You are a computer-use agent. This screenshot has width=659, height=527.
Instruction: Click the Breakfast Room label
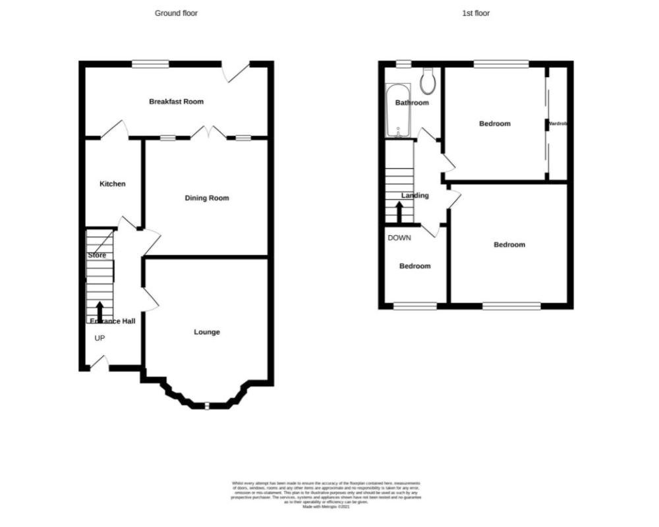[x=176, y=101]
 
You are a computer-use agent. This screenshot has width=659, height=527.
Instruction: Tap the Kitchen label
[x=112, y=184]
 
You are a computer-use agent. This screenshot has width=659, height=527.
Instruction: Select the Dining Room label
[x=207, y=198]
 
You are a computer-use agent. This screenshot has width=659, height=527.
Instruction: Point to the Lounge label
[x=206, y=332]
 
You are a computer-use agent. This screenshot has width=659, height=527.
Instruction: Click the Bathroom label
[x=412, y=103]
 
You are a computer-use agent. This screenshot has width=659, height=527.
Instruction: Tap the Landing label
[x=415, y=195]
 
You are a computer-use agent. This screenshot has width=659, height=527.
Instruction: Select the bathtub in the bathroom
[x=398, y=111]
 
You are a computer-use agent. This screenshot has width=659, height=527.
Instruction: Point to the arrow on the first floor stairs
[x=399, y=212]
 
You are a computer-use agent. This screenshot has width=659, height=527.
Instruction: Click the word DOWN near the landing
[x=399, y=238]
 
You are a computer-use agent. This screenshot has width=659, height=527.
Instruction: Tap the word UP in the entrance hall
[x=100, y=339]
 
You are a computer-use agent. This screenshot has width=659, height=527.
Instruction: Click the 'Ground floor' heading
[x=176, y=13]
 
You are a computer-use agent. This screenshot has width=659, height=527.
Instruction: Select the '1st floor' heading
[x=476, y=13]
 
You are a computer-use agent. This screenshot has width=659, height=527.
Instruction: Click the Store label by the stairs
[x=97, y=255]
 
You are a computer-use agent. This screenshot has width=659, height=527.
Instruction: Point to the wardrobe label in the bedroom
[x=558, y=124]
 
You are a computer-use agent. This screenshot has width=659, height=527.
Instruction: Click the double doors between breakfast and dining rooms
[x=209, y=134]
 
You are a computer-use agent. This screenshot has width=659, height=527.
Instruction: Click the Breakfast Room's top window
[x=150, y=63]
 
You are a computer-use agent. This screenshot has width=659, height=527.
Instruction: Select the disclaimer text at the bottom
[x=326, y=494]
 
